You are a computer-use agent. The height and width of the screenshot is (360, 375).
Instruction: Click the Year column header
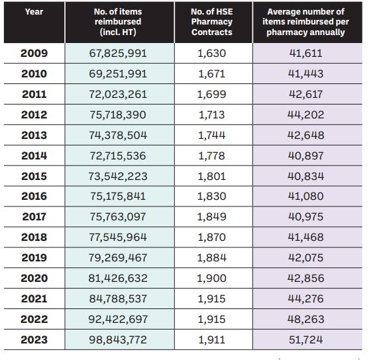[34, 11]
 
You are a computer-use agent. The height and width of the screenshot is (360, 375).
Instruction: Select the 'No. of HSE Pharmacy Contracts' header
[212, 22]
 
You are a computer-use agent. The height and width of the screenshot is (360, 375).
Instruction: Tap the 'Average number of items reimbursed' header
[305, 22]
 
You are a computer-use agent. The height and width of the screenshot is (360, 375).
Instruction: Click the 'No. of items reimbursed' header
[118, 22]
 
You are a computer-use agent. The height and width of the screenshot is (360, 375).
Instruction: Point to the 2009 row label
[34, 53]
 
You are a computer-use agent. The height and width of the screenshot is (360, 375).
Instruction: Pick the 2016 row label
[34, 196]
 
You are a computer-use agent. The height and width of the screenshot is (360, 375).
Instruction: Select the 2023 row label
[34, 339]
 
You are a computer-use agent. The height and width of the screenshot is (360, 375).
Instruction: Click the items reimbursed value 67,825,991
[118, 53]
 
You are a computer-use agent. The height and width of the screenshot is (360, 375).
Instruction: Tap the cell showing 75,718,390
[118, 114]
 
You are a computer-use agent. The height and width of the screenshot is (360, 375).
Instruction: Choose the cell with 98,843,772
[118, 339]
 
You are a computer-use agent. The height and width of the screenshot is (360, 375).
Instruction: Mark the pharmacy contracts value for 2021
[212, 299]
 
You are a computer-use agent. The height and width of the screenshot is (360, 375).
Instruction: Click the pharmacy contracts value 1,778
[212, 156]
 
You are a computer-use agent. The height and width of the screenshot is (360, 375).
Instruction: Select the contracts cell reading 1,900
[212, 279]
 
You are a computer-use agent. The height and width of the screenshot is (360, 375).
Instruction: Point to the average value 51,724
[306, 339]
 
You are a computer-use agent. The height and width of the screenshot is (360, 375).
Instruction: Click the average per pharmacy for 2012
[306, 114]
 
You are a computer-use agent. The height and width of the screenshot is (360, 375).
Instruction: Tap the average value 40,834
[306, 176]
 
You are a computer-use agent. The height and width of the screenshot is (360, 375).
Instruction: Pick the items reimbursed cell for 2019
[118, 257]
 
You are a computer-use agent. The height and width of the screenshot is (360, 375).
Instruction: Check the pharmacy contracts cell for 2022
[212, 320]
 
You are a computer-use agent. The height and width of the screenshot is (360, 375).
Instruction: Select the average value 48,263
[306, 320]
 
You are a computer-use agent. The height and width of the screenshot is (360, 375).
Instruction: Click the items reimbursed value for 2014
[118, 156]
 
